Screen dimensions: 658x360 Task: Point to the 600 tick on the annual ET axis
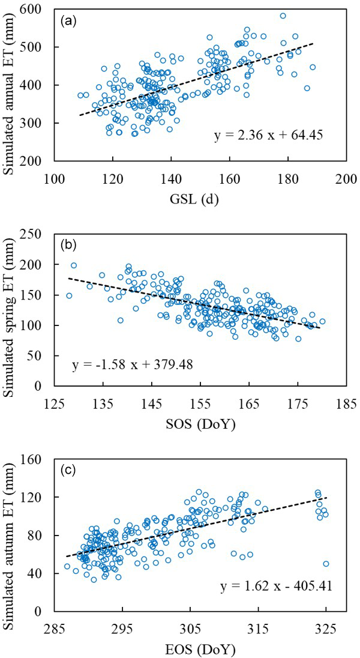pyautogui.click(x=37, y=9)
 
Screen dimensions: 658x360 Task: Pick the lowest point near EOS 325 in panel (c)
pyautogui.click(x=326, y=564)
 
